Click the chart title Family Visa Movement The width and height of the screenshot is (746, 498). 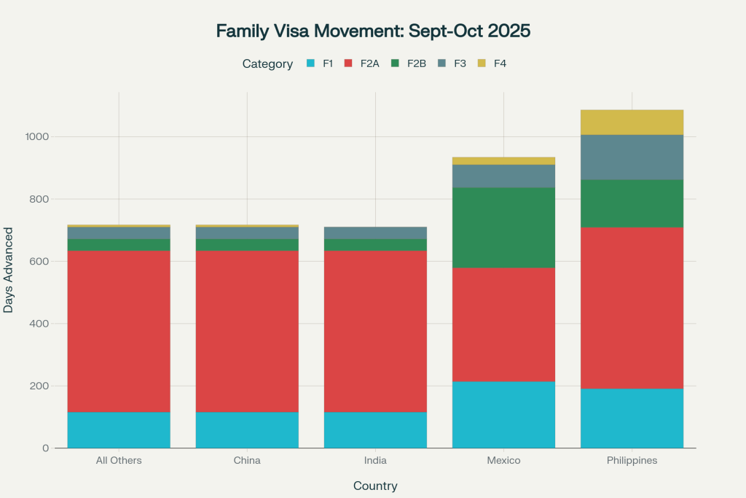coord(373,31)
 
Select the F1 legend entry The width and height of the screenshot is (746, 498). coord(320,63)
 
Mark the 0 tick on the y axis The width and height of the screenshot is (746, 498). coord(44,448)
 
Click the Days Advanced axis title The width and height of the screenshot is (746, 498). coord(9,270)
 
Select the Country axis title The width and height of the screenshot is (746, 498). coord(375,486)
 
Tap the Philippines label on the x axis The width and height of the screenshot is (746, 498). coord(632,461)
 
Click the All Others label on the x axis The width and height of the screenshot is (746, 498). coord(119,461)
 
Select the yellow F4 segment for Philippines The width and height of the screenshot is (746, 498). coord(632,122)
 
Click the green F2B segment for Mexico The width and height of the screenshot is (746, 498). coord(503,227)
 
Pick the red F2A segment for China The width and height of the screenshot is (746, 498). coord(247,332)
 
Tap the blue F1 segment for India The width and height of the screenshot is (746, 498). coord(375,430)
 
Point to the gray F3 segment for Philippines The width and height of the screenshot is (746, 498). coord(632,157)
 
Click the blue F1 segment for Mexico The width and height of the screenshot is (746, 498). coord(503,415)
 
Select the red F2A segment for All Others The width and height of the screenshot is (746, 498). coord(119,332)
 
